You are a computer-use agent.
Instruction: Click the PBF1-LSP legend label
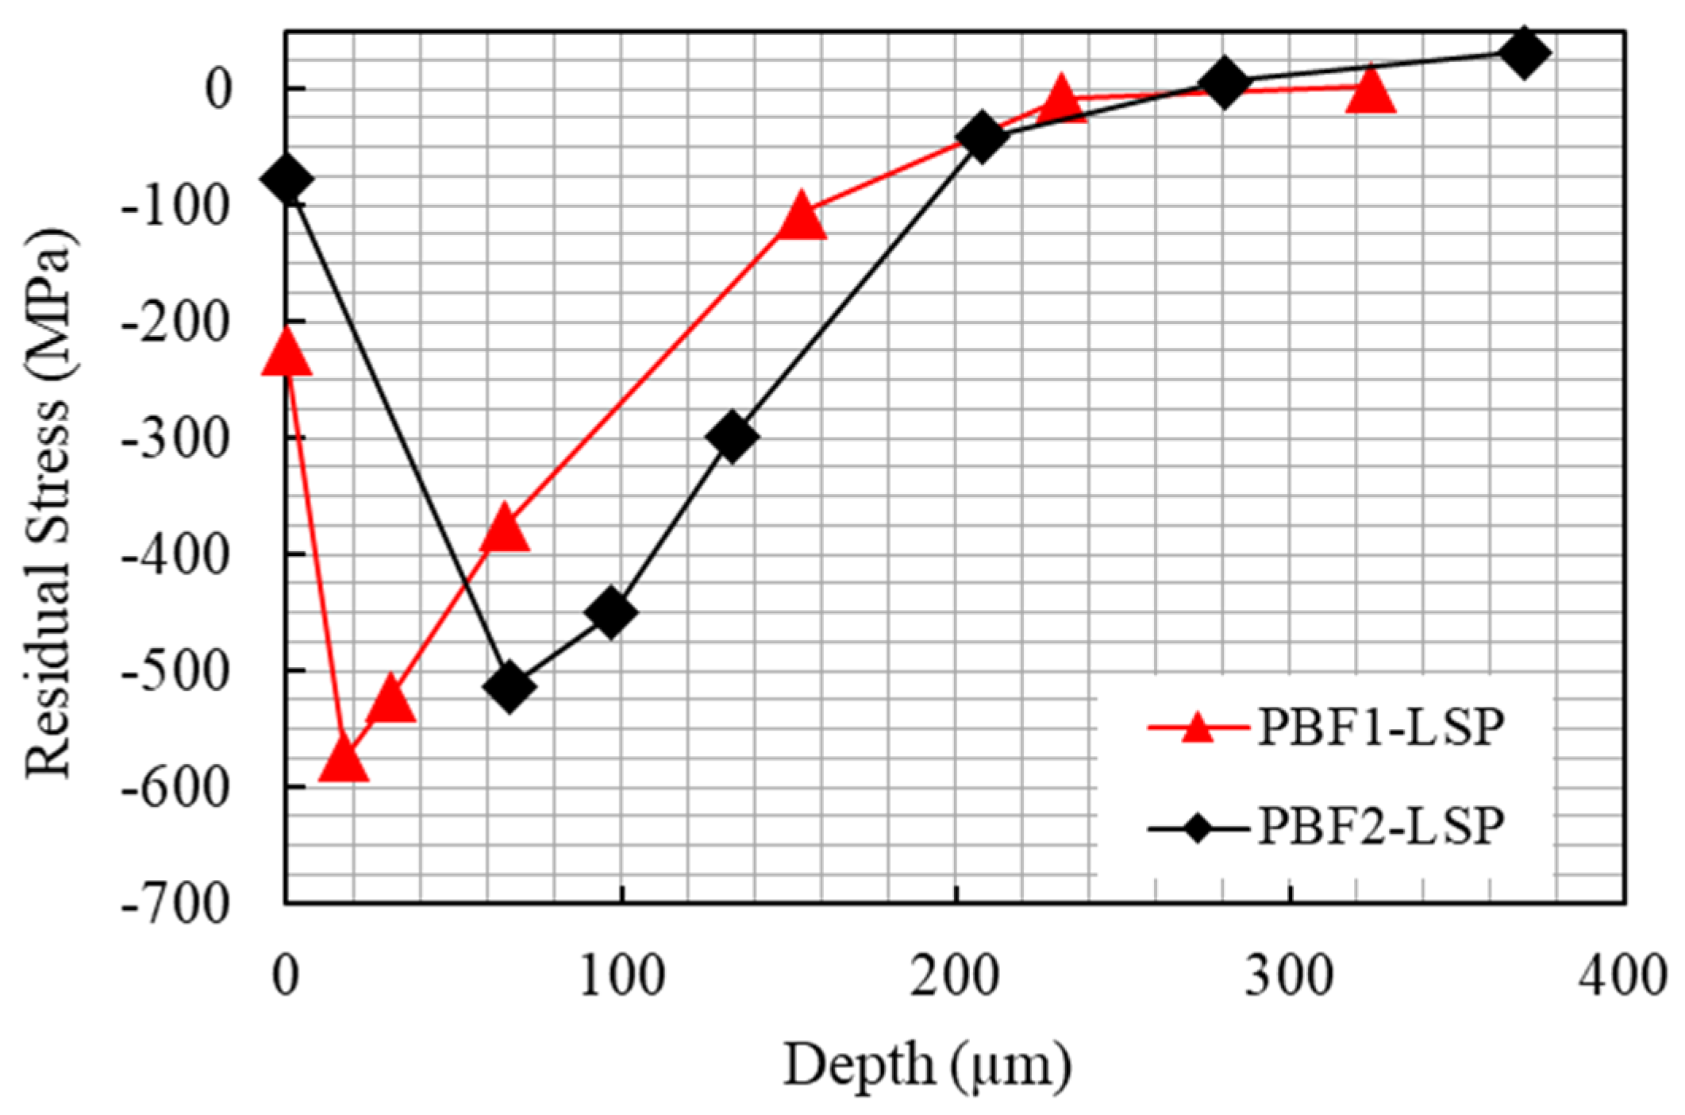pyautogui.click(x=1380, y=729)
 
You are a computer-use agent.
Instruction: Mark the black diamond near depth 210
pyautogui.click(x=982, y=137)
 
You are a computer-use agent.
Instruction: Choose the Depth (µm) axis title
pyautogui.click(x=927, y=1065)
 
